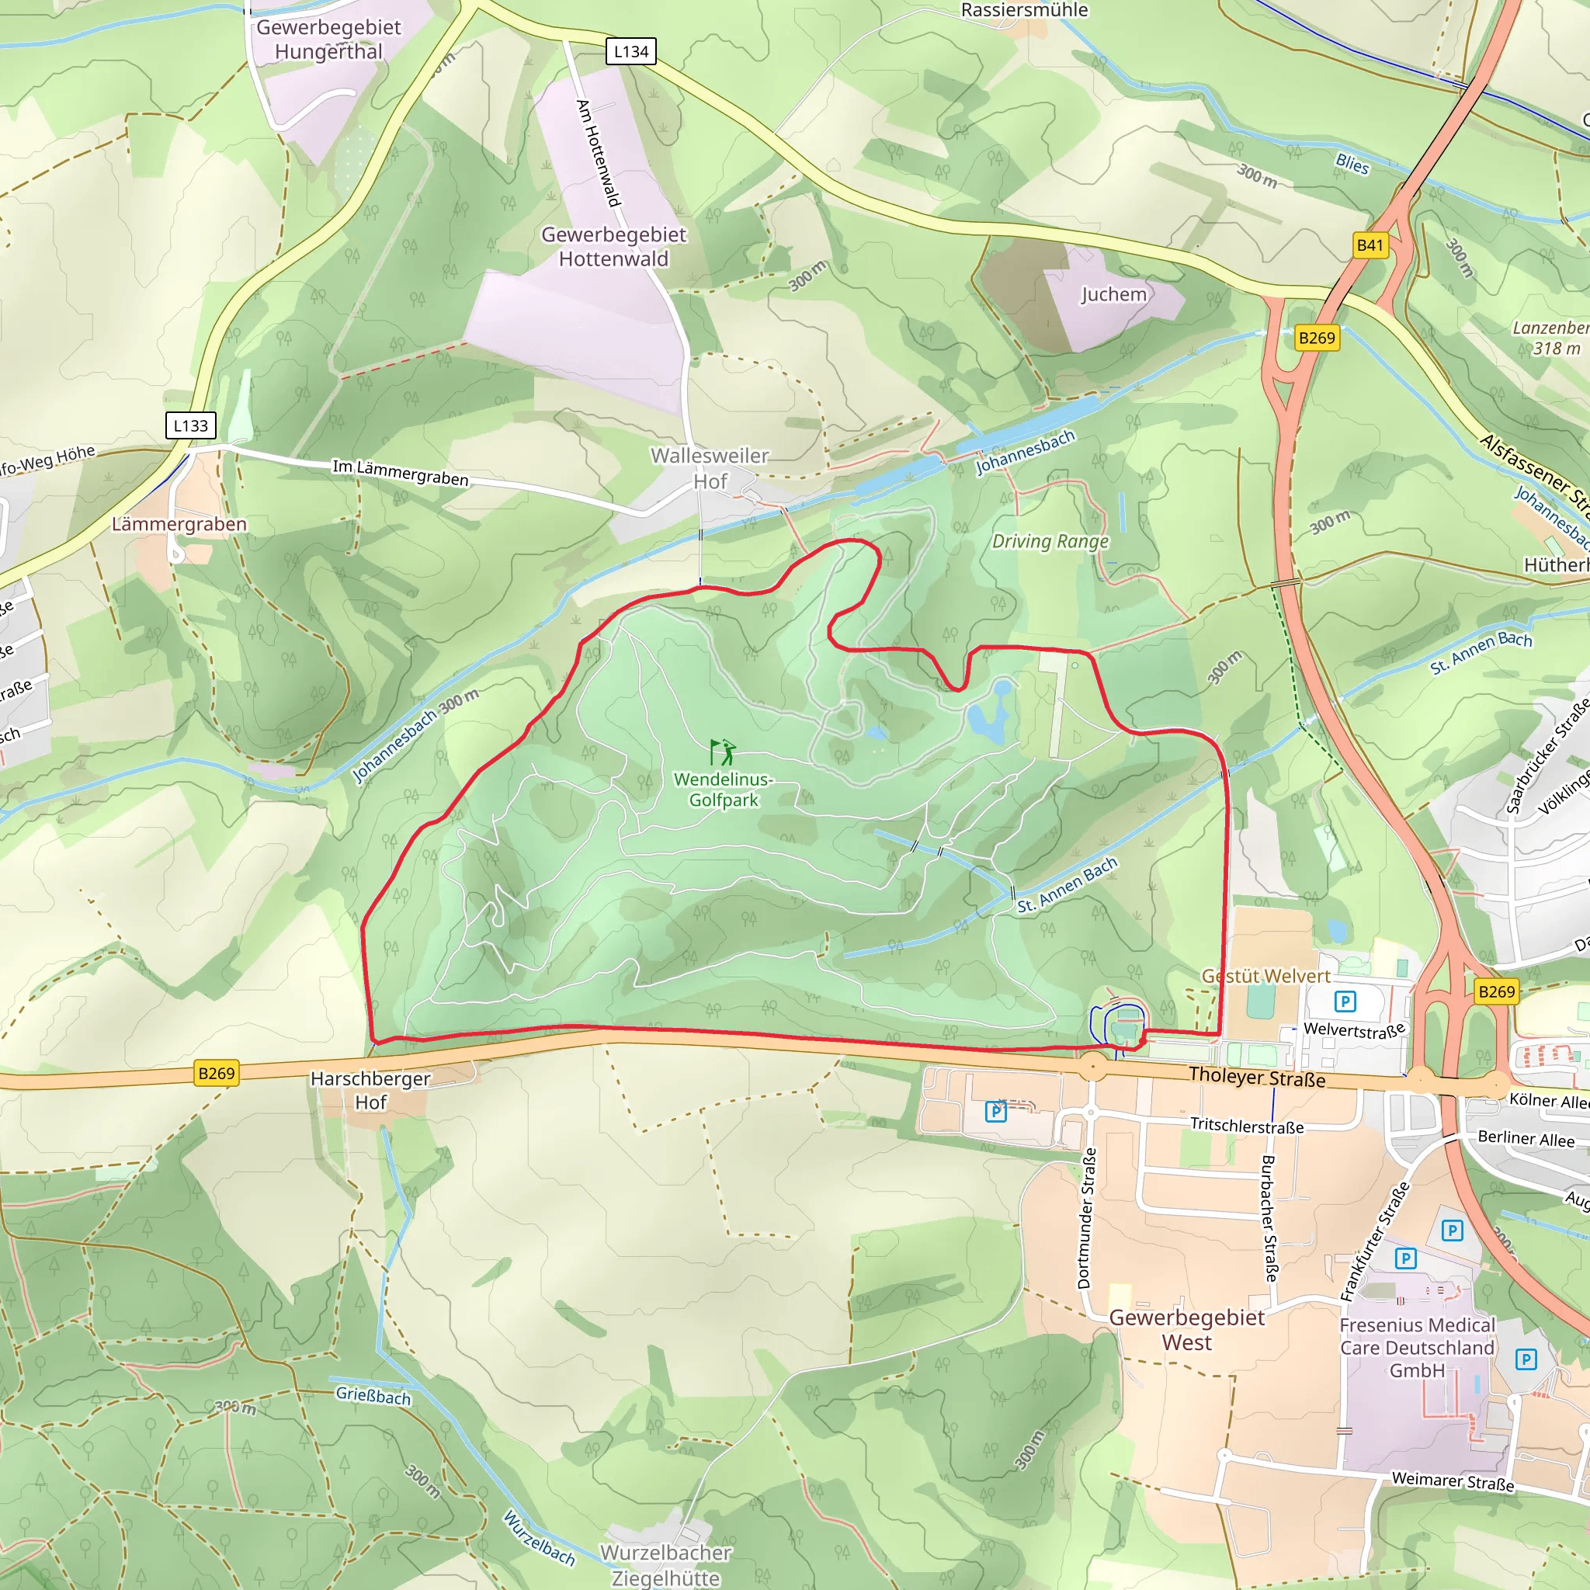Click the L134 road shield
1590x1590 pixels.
[x=631, y=51]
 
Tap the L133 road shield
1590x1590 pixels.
[x=190, y=425]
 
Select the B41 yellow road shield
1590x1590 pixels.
[x=1370, y=245]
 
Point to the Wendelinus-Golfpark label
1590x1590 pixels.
[x=723, y=790]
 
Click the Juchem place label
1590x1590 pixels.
[x=1113, y=294]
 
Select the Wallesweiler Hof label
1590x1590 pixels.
[x=710, y=468]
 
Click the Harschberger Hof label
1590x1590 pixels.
[x=370, y=1091]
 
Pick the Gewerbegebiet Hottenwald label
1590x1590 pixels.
[x=613, y=246]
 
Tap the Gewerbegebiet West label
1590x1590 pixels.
[x=1187, y=1329]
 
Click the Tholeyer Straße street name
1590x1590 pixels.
[x=1257, y=1077]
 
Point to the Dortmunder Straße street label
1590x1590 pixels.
[x=1086, y=1218]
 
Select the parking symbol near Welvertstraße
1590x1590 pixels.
[x=1345, y=1002]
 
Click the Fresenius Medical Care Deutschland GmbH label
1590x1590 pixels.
[x=1416, y=1348]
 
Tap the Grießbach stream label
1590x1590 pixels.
[x=373, y=1395]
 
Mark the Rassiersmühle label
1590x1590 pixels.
[x=1024, y=10]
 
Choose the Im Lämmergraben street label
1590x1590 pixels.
[x=401, y=472]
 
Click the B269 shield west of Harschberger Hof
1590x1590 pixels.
[x=217, y=1073]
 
